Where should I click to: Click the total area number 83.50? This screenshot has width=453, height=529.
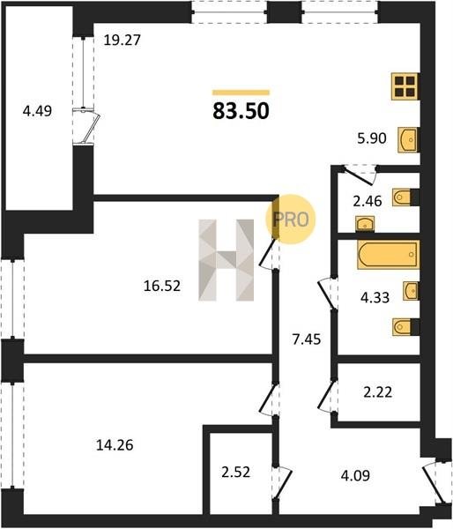click(x=241, y=111)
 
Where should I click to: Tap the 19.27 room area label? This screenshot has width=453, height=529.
click(x=122, y=41)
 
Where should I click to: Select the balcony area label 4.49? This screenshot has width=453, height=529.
click(x=37, y=111)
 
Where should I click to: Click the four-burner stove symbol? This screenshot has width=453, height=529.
click(x=405, y=86)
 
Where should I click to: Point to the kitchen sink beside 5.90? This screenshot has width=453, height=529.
click(x=408, y=139)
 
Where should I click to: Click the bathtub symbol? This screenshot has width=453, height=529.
click(x=389, y=255)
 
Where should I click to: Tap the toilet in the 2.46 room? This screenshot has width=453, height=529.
click(x=405, y=197)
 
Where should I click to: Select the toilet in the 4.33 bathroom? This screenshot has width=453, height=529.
click(x=405, y=327)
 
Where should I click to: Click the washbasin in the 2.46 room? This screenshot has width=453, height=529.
click(x=365, y=224)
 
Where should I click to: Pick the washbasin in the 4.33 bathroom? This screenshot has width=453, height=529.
click(x=412, y=291)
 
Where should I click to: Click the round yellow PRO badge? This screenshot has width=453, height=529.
click(x=291, y=220)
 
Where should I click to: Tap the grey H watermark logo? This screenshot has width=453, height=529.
click(x=226, y=260)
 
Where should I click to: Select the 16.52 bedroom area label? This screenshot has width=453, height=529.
click(x=162, y=286)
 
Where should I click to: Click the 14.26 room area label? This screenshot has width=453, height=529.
click(x=115, y=445)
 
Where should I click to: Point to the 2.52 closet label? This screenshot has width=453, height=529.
click(x=236, y=472)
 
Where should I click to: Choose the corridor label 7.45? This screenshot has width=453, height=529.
click(x=307, y=339)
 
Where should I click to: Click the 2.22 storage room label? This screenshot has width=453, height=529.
click(x=378, y=392)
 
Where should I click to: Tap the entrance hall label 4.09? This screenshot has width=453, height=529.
click(x=355, y=476)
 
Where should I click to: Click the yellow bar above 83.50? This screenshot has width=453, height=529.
click(x=241, y=93)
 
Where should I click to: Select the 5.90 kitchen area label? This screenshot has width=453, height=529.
click(x=372, y=138)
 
